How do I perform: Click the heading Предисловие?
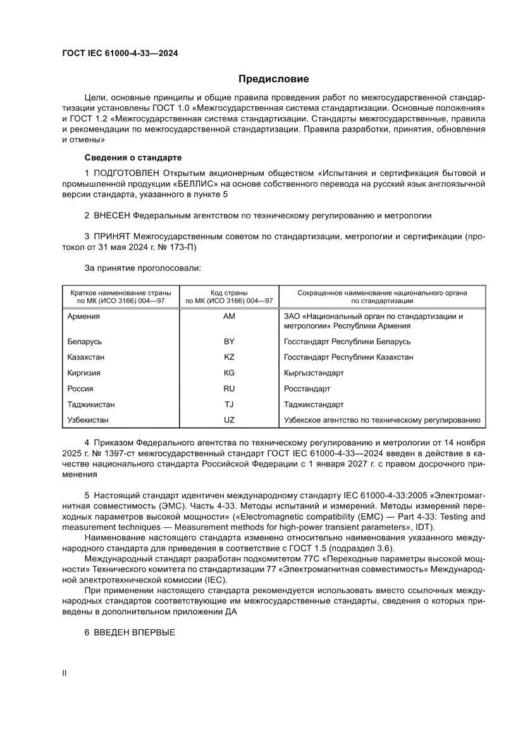tap(273, 79)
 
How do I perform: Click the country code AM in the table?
tap(229, 317)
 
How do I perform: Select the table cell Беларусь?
tap(84, 341)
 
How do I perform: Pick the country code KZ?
tap(229, 357)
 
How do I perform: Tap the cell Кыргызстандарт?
tap(314, 373)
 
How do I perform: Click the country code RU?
tap(229, 388)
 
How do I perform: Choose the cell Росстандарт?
tap(307, 388)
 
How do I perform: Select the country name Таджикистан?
tap(91, 404)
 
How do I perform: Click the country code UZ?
tap(229, 420)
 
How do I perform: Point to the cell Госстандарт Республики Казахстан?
tap(348, 357)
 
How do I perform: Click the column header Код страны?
tap(229, 293)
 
